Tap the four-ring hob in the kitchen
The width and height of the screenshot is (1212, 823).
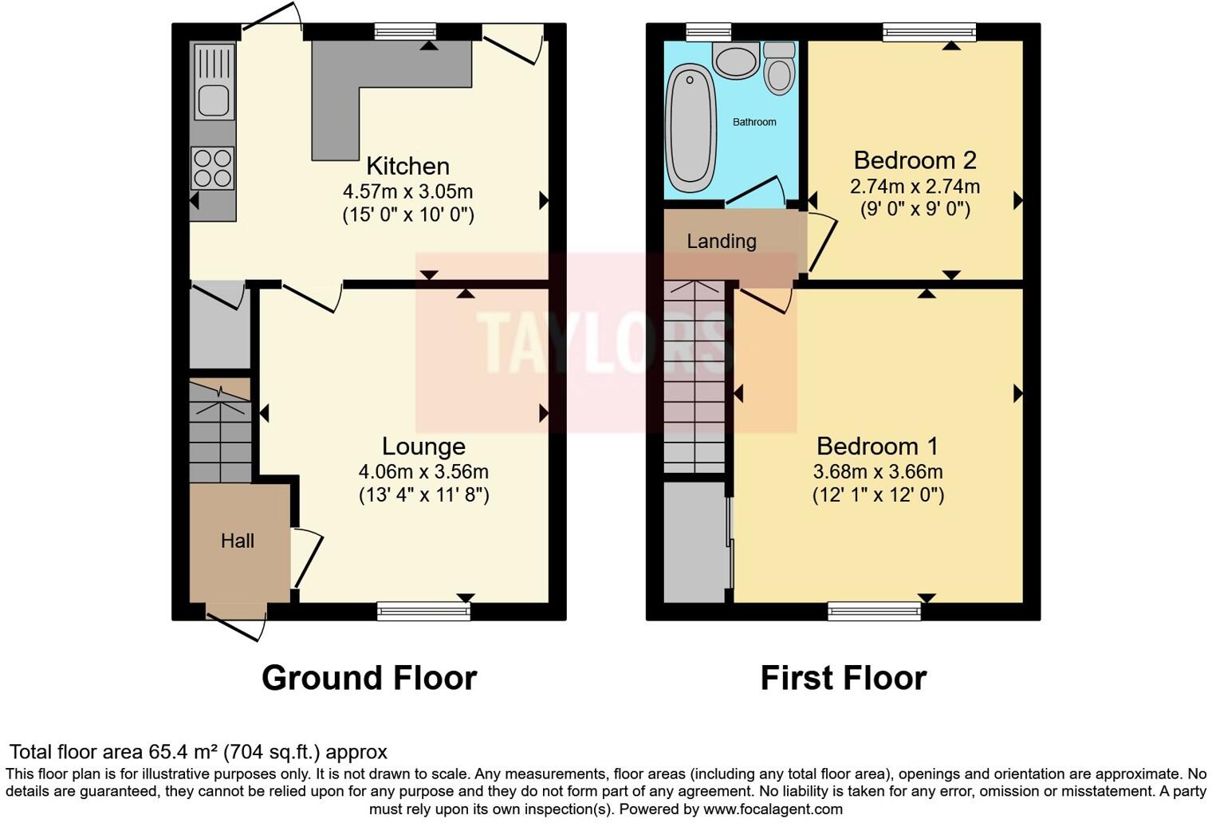click(213, 168)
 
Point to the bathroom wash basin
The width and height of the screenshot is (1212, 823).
click(735, 61)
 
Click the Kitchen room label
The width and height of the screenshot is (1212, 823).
click(407, 166)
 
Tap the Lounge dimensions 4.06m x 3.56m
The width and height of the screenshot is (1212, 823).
click(423, 471)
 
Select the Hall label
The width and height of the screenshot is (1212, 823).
click(238, 541)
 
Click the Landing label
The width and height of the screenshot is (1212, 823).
click(722, 241)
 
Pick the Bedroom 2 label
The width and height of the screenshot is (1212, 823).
click(915, 160)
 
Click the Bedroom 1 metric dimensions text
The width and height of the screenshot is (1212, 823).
click(878, 471)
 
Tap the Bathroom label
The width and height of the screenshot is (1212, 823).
click(754, 122)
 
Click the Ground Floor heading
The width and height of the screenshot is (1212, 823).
click(369, 678)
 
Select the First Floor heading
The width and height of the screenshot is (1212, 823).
click(843, 678)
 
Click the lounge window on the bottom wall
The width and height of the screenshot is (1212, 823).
click(423, 612)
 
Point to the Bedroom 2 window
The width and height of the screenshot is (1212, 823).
click(929, 32)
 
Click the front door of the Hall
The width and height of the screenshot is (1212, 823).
click(236, 622)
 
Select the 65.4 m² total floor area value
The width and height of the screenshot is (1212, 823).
click(183, 752)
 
